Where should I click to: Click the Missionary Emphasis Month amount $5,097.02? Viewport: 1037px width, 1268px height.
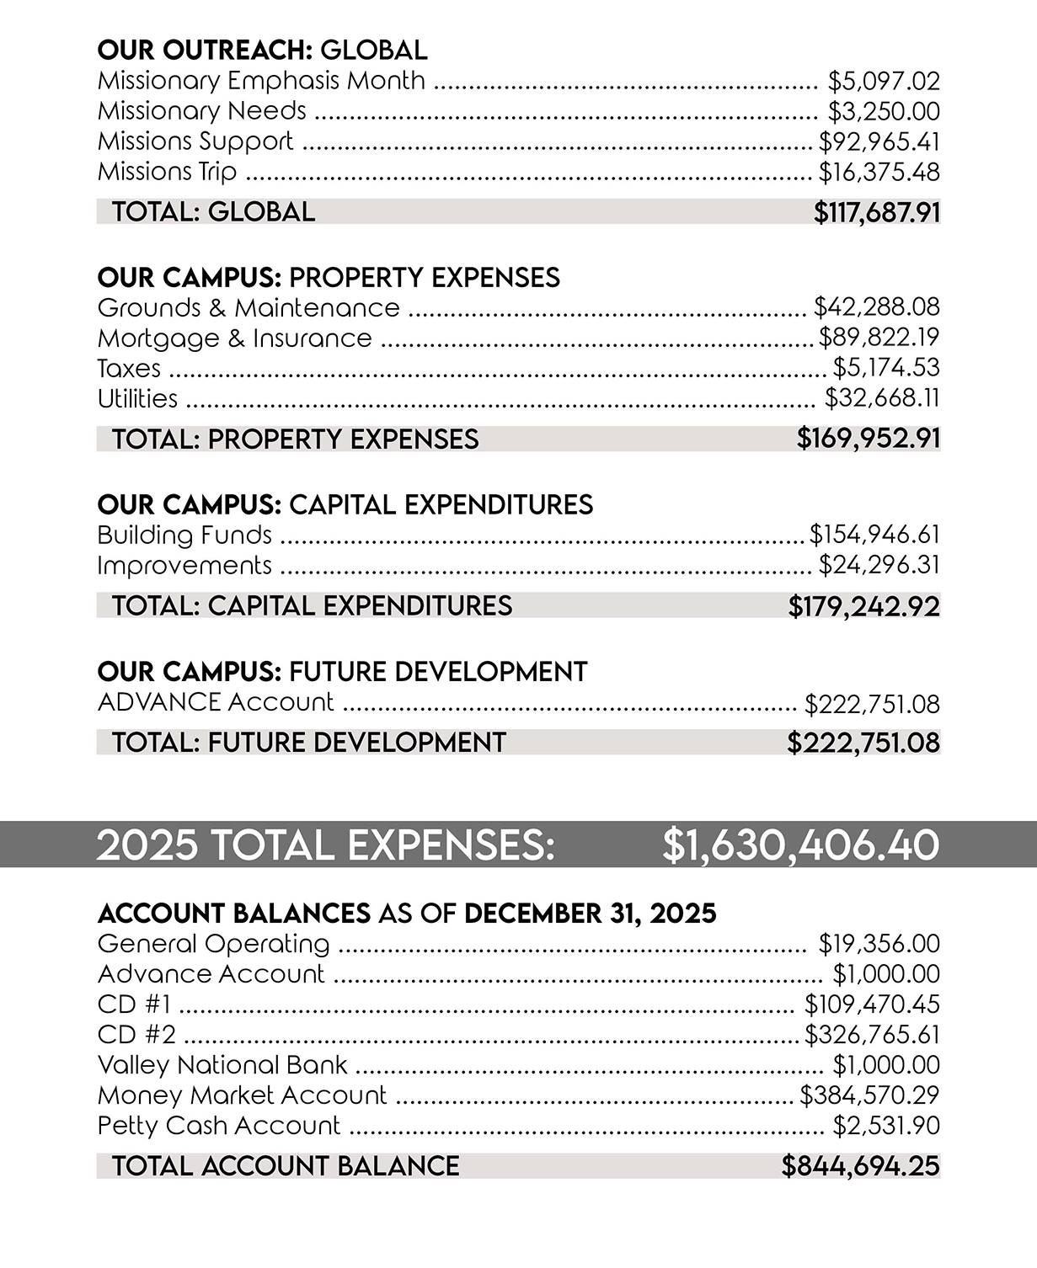tap(884, 82)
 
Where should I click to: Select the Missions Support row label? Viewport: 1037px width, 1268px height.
tap(195, 141)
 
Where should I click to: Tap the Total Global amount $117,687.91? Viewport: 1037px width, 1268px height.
tap(877, 212)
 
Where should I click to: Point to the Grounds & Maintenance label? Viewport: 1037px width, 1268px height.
tap(249, 308)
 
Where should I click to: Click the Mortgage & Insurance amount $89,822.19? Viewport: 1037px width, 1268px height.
tap(879, 338)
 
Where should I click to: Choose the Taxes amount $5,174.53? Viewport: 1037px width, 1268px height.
tap(886, 369)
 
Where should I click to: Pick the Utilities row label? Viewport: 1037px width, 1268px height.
tap(137, 399)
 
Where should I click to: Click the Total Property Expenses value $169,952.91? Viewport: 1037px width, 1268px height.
tap(869, 439)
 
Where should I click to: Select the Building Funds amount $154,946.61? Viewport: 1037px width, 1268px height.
tap(874, 535)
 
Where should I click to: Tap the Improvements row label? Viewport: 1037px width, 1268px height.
tap(184, 566)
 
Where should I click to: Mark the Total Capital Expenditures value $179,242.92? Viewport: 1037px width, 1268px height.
tap(864, 606)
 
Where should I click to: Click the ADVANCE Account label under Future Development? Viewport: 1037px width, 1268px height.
tap(216, 702)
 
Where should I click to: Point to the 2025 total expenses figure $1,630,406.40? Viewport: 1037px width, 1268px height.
tap(800, 845)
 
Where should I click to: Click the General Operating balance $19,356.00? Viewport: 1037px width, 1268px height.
tap(879, 945)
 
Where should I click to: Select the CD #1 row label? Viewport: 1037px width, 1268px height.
tap(135, 1005)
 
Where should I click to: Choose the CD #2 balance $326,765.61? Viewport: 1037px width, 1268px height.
tap(872, 1036)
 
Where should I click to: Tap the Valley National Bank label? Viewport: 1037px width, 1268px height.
tap(222, 1066)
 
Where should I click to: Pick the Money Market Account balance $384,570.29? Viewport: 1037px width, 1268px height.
tap(869, 1096)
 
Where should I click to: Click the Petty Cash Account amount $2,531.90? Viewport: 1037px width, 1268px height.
tap(886, 1127)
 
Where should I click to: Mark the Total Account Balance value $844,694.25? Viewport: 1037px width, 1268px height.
tap(861, 1166)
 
